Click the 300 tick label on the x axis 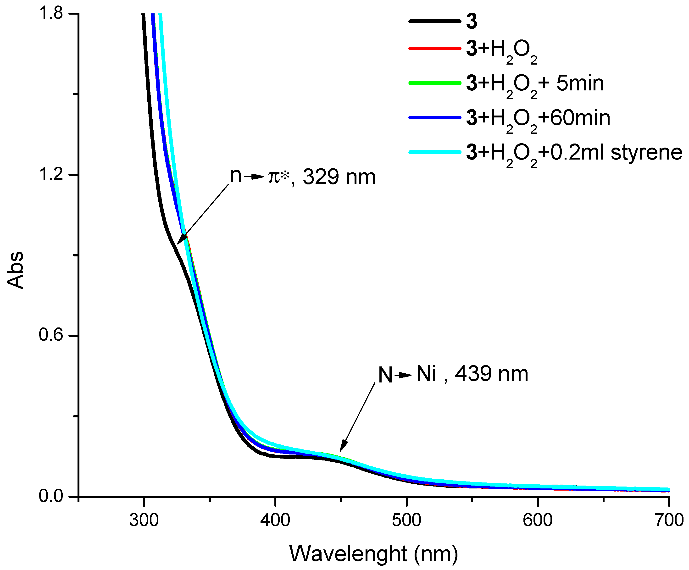[144, 520]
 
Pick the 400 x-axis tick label [275, 520]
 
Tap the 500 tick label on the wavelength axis [406, 520]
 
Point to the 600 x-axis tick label [538, 520]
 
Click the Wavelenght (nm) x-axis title [373, 554]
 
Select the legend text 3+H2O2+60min [538, 118]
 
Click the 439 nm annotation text [491, 374]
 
